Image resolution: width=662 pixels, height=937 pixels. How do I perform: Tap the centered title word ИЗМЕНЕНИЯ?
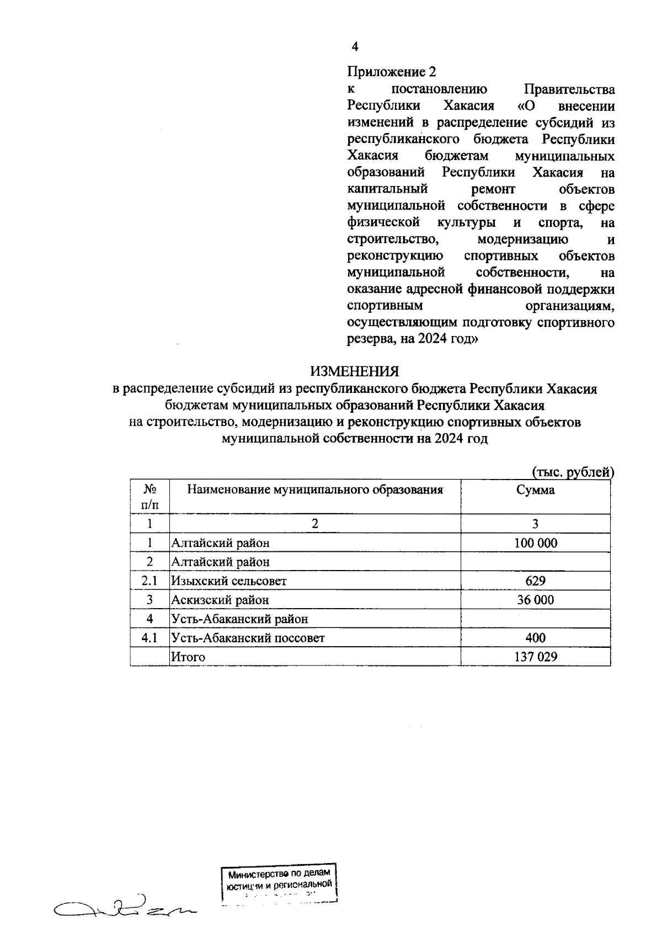point(354,371)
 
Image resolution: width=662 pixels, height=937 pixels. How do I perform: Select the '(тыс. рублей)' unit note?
point(573,472)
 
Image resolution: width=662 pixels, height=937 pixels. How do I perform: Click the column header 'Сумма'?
point(535,490)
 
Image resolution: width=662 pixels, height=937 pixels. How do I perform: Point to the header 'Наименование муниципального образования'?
point(315,490)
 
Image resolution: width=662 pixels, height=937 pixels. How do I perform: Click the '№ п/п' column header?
point(150,497)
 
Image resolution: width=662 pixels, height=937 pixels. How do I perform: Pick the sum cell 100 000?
point(535,543)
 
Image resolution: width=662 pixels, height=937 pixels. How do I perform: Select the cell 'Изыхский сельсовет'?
point(229,581)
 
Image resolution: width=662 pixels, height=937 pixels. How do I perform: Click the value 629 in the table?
point(535,581)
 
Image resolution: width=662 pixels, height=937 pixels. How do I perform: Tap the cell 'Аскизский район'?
point(220,600)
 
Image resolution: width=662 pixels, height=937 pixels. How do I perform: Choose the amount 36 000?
point(535,600)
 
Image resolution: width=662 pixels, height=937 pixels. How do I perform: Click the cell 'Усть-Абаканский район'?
point(239,619)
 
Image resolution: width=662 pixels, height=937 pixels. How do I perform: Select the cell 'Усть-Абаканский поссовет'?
point(248,638)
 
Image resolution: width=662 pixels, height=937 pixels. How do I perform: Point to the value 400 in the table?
point(535,638)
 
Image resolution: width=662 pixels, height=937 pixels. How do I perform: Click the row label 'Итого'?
point(188,657)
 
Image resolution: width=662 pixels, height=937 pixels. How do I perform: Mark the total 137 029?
point(535,657)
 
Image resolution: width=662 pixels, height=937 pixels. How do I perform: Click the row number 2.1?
point(150,581)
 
